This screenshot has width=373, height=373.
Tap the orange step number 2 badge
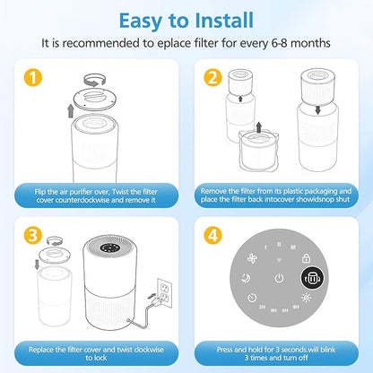coord(213,79)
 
